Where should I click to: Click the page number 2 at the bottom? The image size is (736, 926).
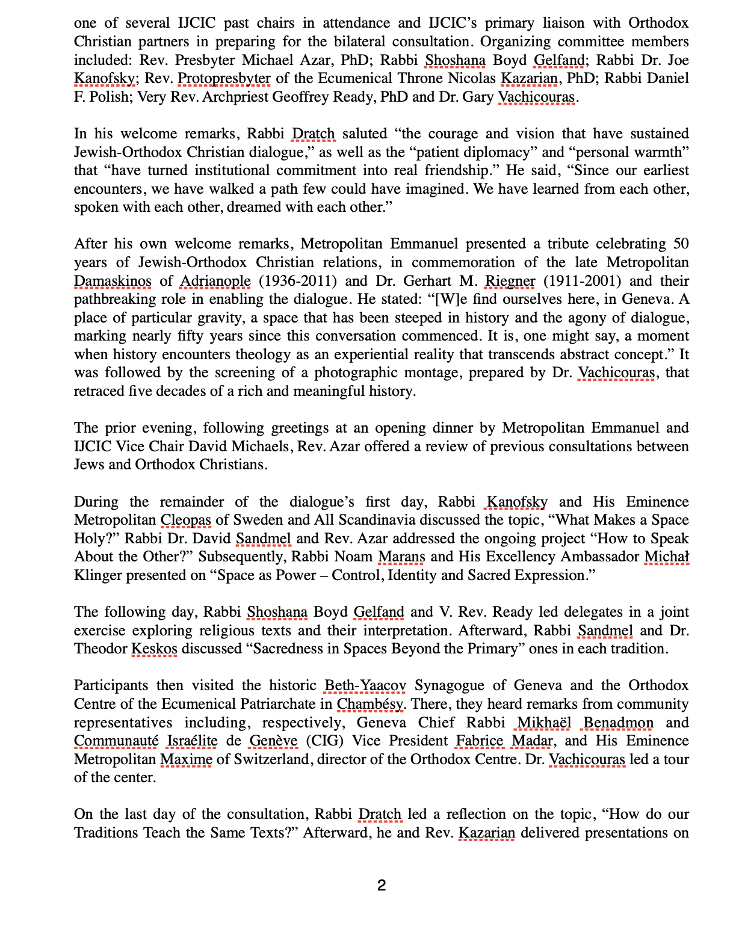point(381,885)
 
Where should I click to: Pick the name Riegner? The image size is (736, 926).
point(510,281)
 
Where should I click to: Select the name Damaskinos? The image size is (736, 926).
point(113,281)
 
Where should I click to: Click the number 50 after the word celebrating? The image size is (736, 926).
point(681,244)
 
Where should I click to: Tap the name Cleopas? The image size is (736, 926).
point(185,520)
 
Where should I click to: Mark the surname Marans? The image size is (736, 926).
point(401,557)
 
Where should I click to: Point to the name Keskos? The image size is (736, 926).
point(154,649)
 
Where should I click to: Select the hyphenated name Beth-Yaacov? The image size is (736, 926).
point(365,685)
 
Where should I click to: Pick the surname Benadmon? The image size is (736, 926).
point(618,723)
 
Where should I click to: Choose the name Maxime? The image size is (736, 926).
point(186,759)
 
